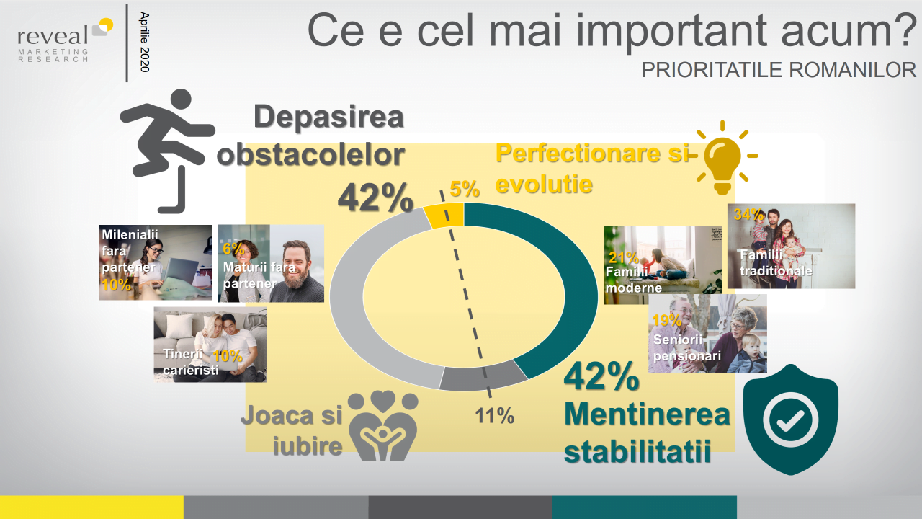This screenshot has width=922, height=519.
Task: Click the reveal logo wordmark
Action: point(53,37)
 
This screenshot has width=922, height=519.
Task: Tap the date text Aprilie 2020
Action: point(145,42)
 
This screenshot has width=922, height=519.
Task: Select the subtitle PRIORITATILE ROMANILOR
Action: point(779,70)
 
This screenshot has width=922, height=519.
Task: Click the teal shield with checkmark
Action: point(790,420)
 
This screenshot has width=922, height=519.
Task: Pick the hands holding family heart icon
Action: point(382,425)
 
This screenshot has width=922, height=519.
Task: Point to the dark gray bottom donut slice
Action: point(483,376)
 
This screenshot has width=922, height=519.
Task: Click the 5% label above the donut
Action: point(465,190)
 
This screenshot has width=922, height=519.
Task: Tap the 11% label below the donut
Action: point(494,416)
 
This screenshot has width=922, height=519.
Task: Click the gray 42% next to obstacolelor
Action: point(375,198)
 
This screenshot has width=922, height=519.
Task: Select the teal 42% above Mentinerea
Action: point(601,377)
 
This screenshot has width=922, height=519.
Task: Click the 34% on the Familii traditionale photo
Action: point(748,214)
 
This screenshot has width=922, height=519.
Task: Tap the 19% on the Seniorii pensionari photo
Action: point(667,321)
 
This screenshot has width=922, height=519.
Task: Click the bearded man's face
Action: point(296,263)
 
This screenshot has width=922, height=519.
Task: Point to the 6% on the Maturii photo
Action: point(233,249)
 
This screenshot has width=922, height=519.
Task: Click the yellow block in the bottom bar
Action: point(91,507)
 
